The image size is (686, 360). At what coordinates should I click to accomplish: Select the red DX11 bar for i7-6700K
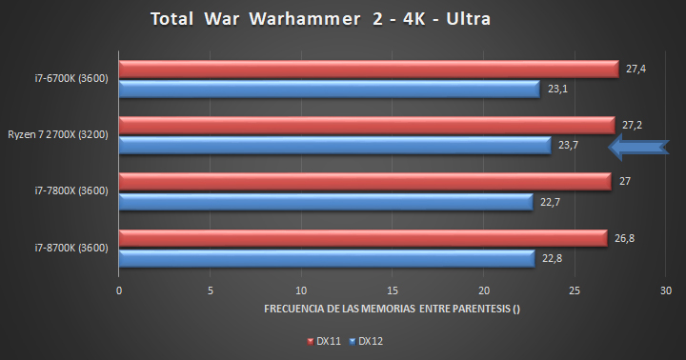coord(368,69)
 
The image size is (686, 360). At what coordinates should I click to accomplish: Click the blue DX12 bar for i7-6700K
coord(329,89)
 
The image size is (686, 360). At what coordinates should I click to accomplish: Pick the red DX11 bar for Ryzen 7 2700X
coord(366,125)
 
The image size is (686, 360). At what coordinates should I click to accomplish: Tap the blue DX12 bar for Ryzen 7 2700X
coord(334,145)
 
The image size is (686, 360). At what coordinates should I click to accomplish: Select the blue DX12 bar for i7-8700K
coord(327,258)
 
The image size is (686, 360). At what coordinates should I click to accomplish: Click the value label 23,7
coord(569,145)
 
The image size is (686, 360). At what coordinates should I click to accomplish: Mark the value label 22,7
coord(551,201)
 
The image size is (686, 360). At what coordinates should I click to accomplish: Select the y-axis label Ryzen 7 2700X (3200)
coord(58,134)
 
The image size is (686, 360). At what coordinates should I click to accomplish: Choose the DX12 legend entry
coord(363,340)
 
